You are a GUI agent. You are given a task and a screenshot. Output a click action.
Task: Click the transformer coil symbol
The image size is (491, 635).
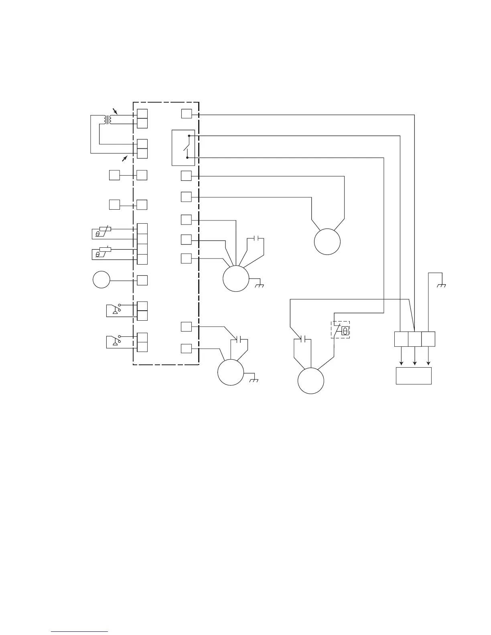coord(108,119)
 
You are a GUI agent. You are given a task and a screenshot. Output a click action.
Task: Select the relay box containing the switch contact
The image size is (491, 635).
coord(183,148)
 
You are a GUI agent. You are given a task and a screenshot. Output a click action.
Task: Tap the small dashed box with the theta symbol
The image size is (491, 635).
coord(341,330)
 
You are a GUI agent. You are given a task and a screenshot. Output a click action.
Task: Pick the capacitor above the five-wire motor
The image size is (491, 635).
coord(256,239)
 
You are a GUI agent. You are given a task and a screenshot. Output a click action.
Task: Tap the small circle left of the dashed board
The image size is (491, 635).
coord(101,279)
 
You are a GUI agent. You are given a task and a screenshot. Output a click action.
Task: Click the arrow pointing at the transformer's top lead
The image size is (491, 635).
coord(116,111)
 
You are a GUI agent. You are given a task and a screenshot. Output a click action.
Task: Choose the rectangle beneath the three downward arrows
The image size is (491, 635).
coord(414,376)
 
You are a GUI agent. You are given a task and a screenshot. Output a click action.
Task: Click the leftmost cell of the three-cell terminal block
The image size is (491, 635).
coord(401,339)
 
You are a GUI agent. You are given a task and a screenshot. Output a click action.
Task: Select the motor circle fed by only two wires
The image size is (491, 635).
coord(327,241)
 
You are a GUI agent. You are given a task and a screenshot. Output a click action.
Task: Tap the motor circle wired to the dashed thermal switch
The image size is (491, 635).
coord(311,381)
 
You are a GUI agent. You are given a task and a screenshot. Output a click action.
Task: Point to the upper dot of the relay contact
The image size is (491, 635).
coord(189,136)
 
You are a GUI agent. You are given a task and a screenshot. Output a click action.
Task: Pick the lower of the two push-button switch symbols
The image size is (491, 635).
coord(114,341)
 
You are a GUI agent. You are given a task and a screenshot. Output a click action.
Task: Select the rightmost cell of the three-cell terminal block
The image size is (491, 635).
coord(428,339)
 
